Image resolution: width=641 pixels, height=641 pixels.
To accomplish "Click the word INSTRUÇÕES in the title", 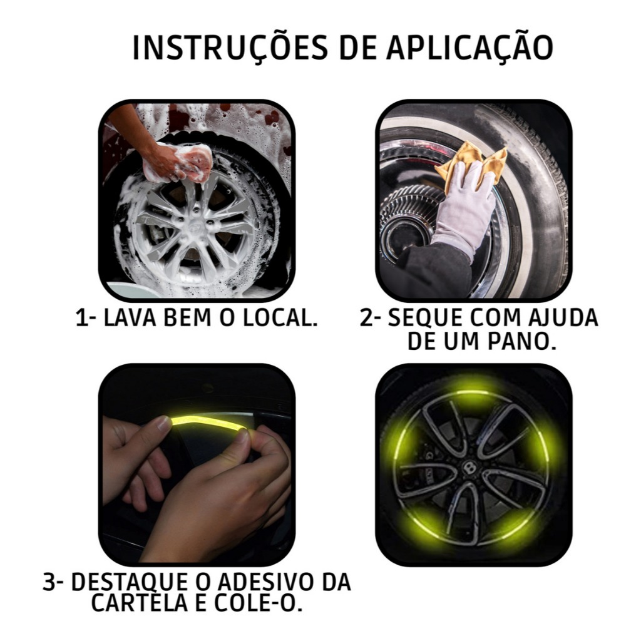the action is tap(230, 47).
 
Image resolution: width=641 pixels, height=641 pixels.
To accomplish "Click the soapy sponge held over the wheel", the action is tap(194, 162).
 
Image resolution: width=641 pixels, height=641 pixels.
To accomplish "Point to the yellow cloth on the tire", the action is tap(472, 162).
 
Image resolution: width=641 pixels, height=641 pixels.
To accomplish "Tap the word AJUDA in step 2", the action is tap(563, 317).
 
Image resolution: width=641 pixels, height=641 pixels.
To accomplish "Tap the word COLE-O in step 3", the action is tap(259, 603).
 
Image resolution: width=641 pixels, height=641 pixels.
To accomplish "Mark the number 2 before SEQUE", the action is tap(367, 317).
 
